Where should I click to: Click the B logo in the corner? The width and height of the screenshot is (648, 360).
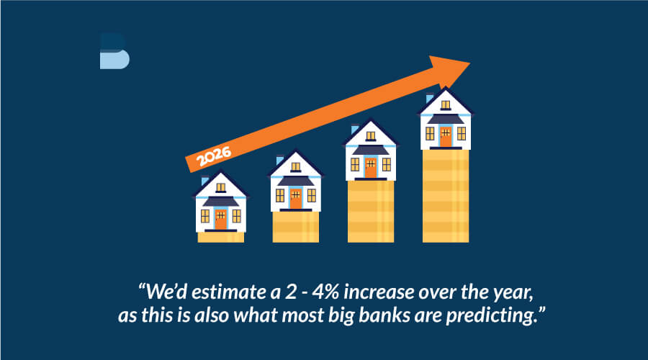point(114,51)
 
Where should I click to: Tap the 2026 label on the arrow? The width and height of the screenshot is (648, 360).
point(213,156)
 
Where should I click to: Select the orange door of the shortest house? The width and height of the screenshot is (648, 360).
point(221,219)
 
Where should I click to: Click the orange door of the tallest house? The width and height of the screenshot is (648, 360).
point(446,137)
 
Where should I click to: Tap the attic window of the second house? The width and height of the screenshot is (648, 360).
point(295,167)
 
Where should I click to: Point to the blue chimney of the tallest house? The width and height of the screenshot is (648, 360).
point(430,99)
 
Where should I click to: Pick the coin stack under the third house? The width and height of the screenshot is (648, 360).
point(371,211)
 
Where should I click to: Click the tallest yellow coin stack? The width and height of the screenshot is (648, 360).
point(446,196)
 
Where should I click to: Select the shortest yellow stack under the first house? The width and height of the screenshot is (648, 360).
point(221,237)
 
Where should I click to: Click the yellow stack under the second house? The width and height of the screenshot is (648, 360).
point(295,227)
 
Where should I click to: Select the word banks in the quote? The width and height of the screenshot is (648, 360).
point(384,315)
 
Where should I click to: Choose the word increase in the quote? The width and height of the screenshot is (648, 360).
point(379,292)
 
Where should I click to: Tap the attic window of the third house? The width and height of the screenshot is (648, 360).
point(371,135)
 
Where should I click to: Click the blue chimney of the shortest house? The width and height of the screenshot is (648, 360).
point(205,181)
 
